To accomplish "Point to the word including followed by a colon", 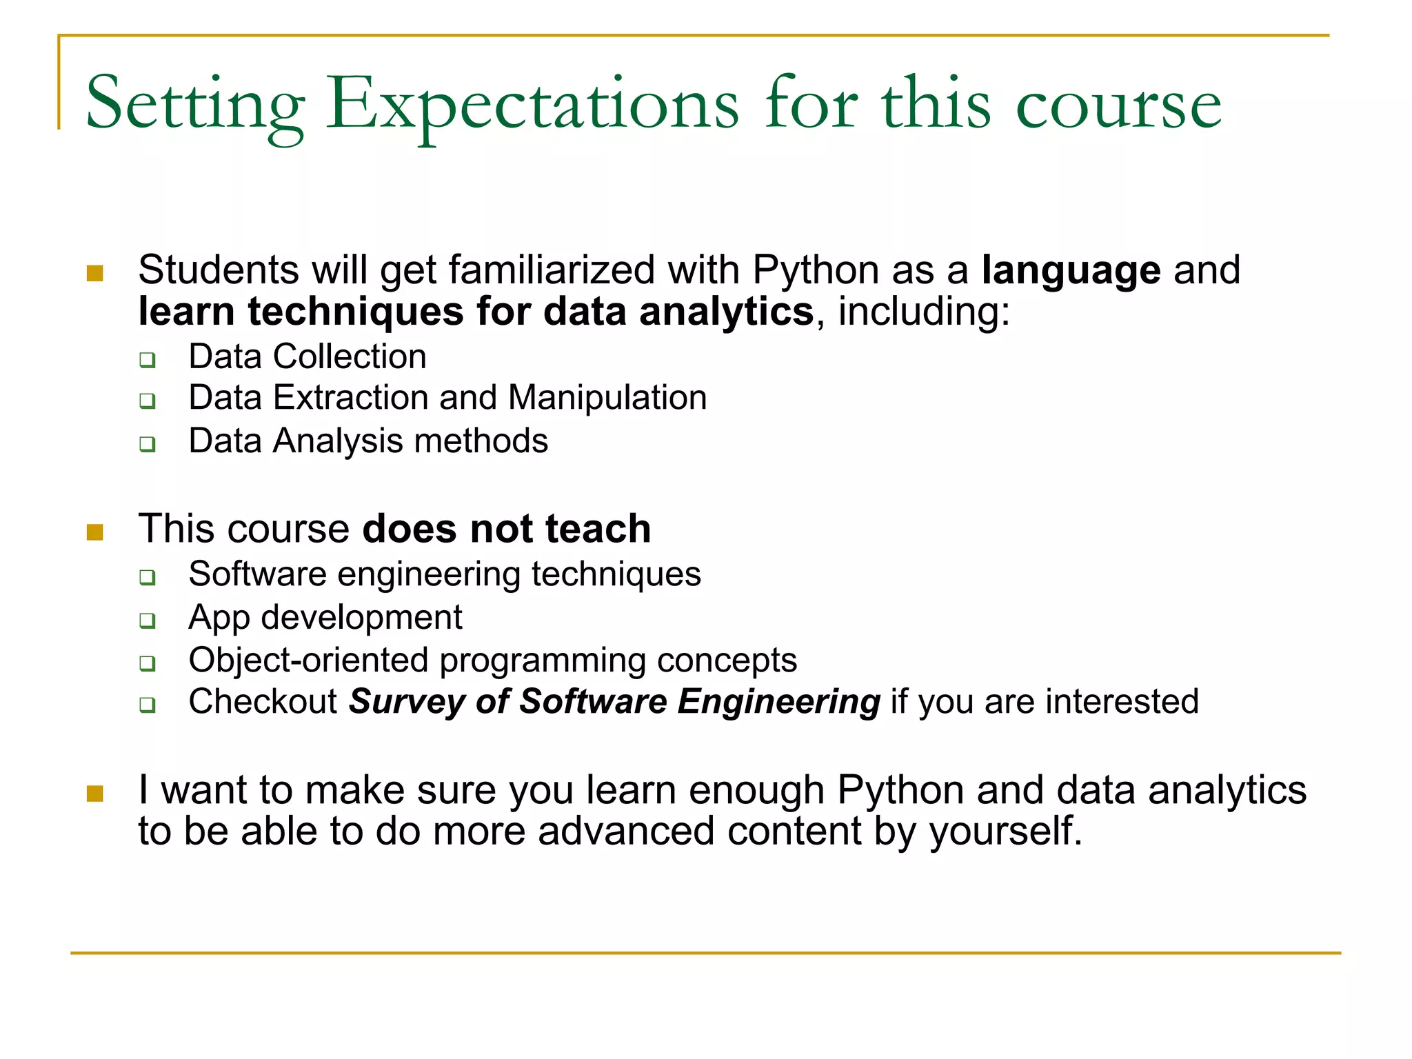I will tap(922, 312).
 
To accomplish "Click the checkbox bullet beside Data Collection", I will tap(148, 360).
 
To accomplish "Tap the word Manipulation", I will tap(607, 398).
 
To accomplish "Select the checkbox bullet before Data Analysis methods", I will tap(148, 444).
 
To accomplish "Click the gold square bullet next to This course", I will tap(95, 532).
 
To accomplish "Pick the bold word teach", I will tap(598, 529).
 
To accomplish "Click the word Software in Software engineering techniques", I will tap(257, 574).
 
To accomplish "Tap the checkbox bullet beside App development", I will tap(148, 621).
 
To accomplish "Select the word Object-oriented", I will tap(308, 660).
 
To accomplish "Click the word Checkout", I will tap(263, 701).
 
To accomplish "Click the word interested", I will tap(1122, 701).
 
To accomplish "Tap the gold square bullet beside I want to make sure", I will tap(95, 794).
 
